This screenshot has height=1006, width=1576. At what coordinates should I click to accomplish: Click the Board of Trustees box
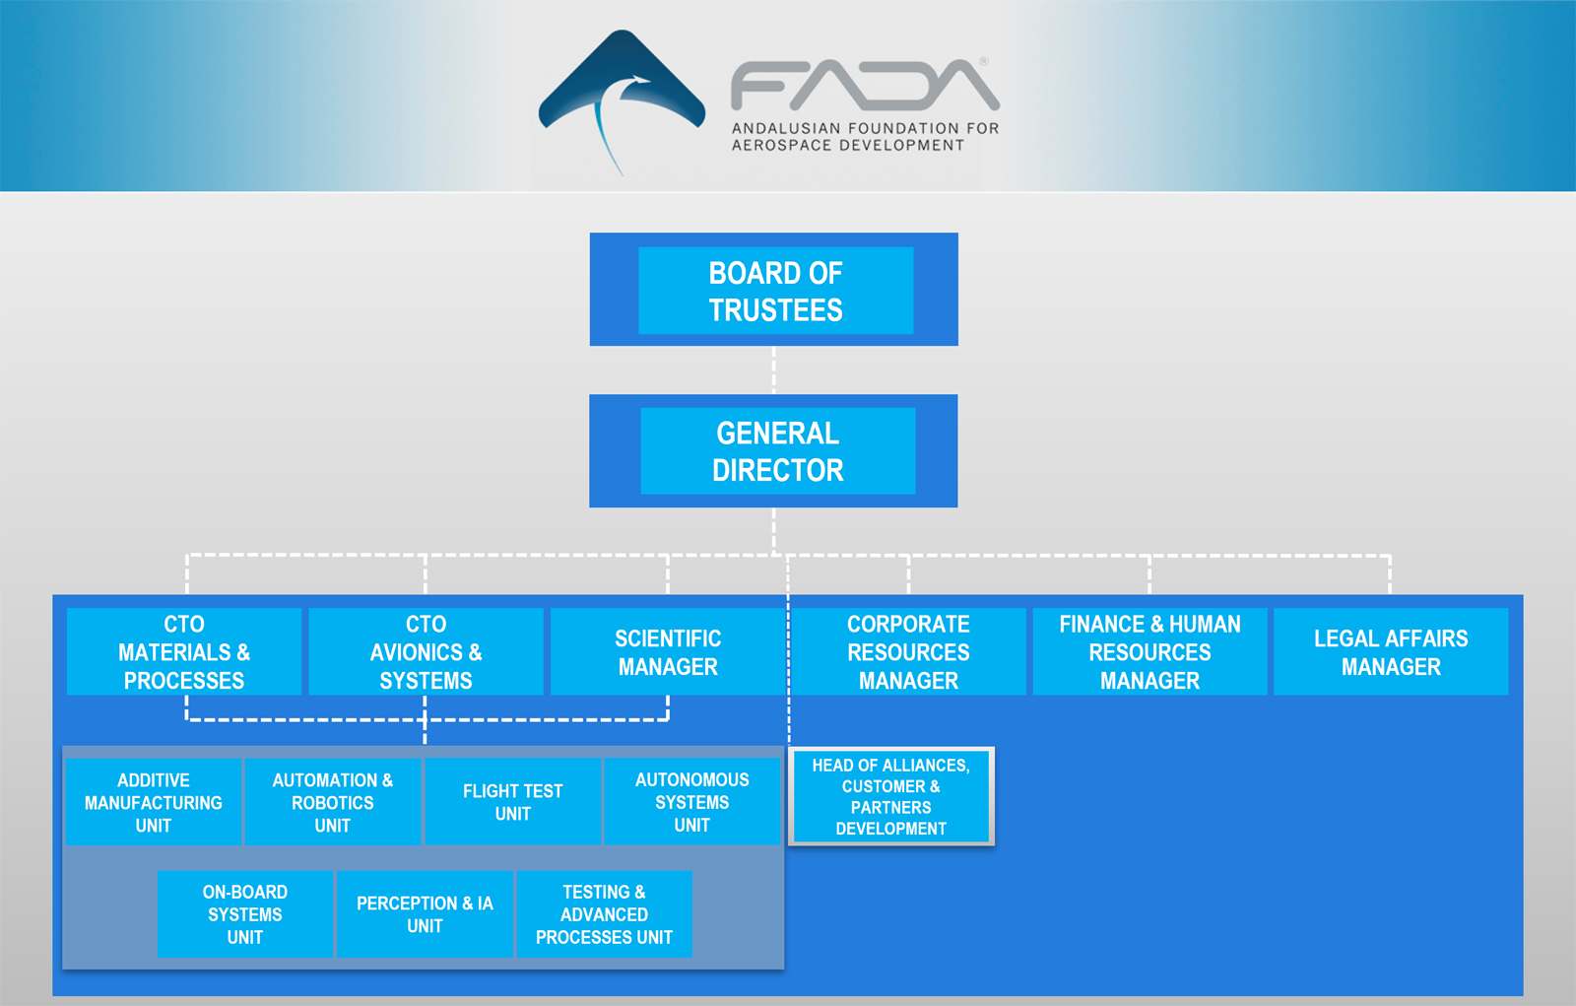coord(774,290)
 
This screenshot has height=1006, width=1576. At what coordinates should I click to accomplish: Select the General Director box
coord(773,450)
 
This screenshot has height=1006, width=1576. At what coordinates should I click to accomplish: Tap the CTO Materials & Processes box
coord(184,652)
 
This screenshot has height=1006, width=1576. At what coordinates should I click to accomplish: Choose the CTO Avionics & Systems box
coord(426,652)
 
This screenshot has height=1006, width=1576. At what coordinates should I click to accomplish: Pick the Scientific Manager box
coord(668,652)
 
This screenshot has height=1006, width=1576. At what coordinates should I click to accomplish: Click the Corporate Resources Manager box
coord(908,652)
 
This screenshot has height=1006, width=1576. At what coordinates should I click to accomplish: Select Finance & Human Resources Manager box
coord(1149,652)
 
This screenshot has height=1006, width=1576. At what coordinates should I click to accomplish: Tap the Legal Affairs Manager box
coord(1391,652)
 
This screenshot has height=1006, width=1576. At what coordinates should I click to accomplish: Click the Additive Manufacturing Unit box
coord(154,802)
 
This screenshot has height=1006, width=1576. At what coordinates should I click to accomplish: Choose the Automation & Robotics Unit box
coord(333,802)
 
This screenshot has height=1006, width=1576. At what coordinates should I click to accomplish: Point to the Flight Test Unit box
coord(513,802)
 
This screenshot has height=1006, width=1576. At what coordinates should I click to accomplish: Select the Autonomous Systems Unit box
coord(692,802)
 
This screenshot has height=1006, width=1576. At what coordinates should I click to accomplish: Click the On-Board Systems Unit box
coord(245,913)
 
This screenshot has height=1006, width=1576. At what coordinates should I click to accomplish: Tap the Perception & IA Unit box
coord(425,913)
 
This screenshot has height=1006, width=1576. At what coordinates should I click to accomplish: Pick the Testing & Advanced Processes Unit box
coord(605,913)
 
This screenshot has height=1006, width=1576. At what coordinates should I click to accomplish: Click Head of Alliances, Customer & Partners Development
coord(891,796)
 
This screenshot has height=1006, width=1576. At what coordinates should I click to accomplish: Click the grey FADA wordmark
coord(865,85)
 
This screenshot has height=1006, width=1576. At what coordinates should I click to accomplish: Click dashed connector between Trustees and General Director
coord(774,370)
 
